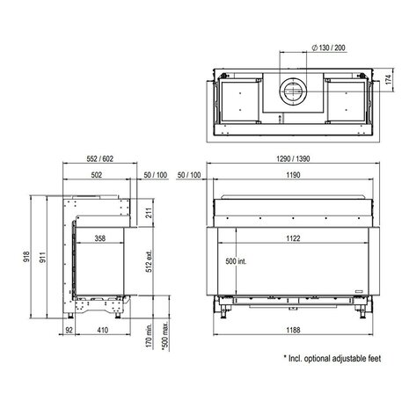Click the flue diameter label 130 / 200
pyautogui.click(x=328, y=47)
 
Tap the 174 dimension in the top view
pyautogui.click(x=388, y=79)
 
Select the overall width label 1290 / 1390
pyautogui.click(x=293, y=158)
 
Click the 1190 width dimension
pyautogui.click(x=293, y=175)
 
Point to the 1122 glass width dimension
pyautogui.click(x=293, y=238)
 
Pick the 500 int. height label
pyautogui.click(x=236, y=261)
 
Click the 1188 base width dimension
pyautogui.click(x=293, y=330)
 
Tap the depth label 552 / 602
pyautogui.click(x=100, y=158)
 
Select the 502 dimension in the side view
pyautogui.click(x=97, y=175)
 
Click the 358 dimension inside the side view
pyautogui.click(x=100, y=238)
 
